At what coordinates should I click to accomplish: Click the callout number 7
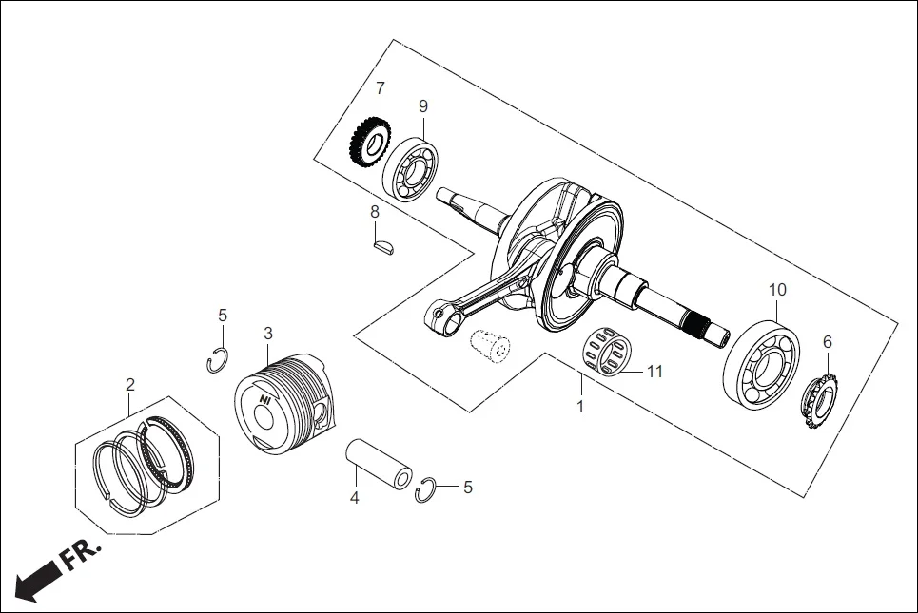(381, 88)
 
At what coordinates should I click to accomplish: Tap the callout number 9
(423, 105)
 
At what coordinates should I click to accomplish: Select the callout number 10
(777, 289)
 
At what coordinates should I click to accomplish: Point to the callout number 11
(654, 372)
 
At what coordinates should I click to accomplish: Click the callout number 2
(130, 385)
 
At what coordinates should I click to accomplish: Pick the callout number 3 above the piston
(268, 334)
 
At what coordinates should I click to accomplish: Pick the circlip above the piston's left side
(218, 361)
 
